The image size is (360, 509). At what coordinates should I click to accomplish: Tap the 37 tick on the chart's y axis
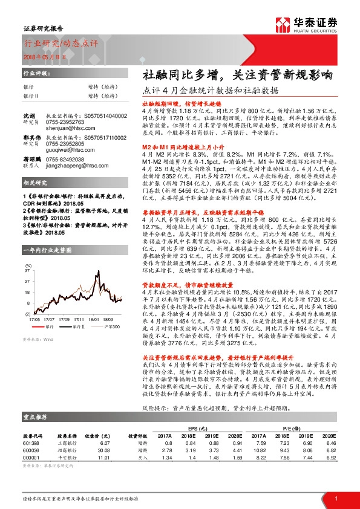tap(27, 271)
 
